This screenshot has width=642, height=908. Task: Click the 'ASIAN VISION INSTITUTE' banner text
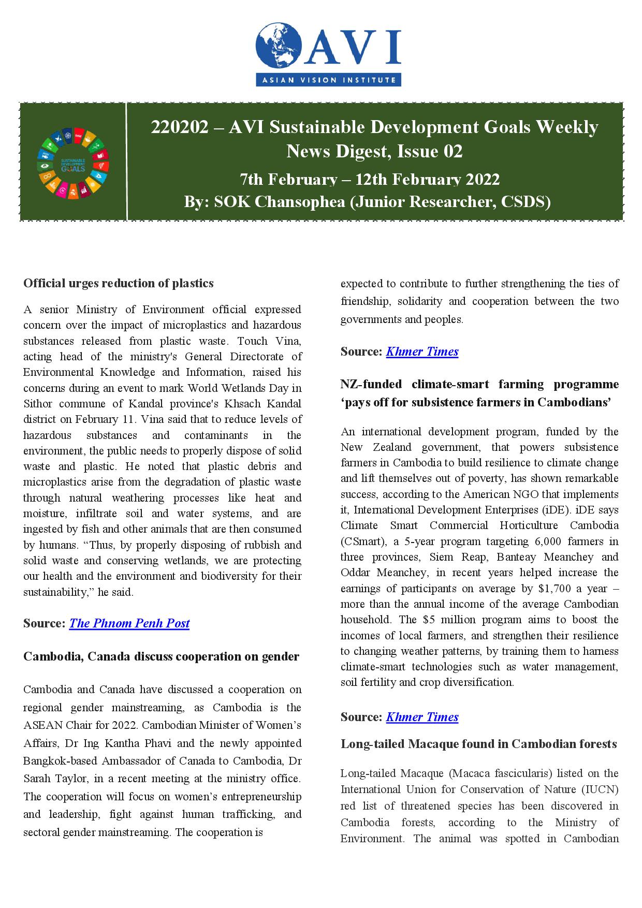coord(328,80)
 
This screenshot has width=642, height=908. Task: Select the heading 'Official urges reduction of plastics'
coord(119,283)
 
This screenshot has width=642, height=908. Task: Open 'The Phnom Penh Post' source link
coord(129,623)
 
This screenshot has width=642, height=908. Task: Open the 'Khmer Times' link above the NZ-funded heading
coord(422,352)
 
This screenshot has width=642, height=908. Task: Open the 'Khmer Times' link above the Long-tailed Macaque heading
coord(422,717)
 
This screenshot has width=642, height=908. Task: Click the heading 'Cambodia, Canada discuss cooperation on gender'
coord(161,656)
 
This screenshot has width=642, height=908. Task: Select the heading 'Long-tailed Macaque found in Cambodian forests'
coord(478,744)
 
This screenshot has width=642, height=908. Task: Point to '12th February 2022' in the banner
coord(428,179)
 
